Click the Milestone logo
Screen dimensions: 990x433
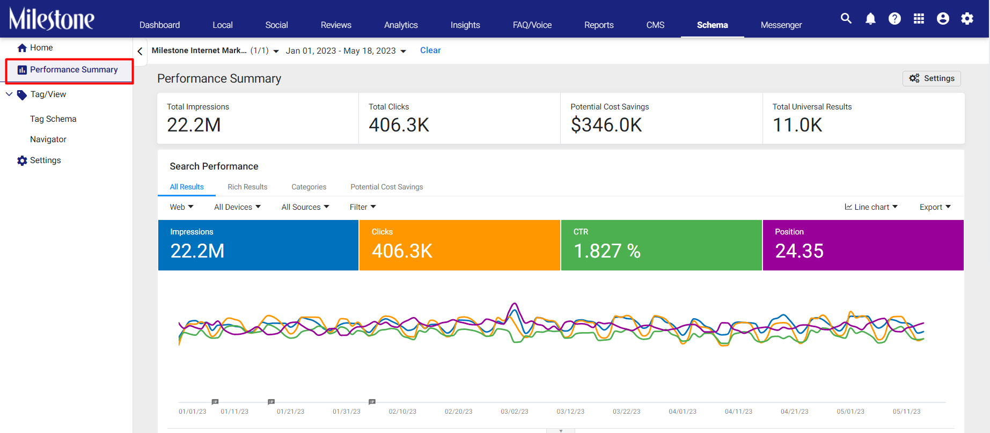pyautogui.click(x=52, y=19)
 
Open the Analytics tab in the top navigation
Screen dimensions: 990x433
pyautogui.click(x=401, y=25)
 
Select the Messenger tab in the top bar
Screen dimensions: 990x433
pyautogui.click(x=781, y=25)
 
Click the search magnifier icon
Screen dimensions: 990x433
pyautogui.click(x=846, y=18)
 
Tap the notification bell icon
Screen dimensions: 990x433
pyautogui.click(x=870, y=19)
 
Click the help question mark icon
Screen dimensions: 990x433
pyautogui.click(x=894, y=19)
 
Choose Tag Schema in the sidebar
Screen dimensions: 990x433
pyautogui.click(x=53, y=119)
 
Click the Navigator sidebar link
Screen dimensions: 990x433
pyautogui.click(x=48, y=140)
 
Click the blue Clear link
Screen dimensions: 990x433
pyautogui.click(x=430, y=50)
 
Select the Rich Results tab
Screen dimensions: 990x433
pyautogui.click(x=247, y=187)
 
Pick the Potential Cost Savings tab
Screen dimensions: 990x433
pyautogui.click(x=387, y=187)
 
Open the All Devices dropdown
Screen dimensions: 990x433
pyautogui.click(x=237, y=207)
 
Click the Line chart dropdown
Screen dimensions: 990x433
pyautogui.click(x=871, y=207)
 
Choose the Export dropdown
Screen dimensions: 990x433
pyautogui.click(x=935, y=207)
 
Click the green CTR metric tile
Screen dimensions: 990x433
pyautogui.click(x=661, y=245)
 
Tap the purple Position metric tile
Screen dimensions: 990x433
pyautogui.click(x=863, y=245)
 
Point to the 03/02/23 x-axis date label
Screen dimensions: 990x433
pyautogui.click(x=515, y=412)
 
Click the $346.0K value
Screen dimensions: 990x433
pyautogui.click(x=606, y=125)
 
